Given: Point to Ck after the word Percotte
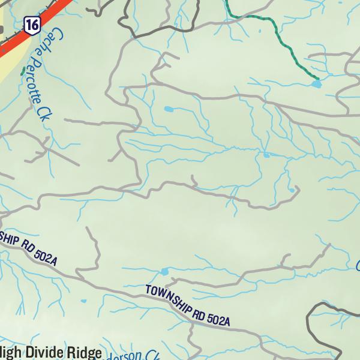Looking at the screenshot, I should tap(43, 112).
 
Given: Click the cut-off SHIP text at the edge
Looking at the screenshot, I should tap(10, 238).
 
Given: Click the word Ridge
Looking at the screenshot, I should tap(85, 353).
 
